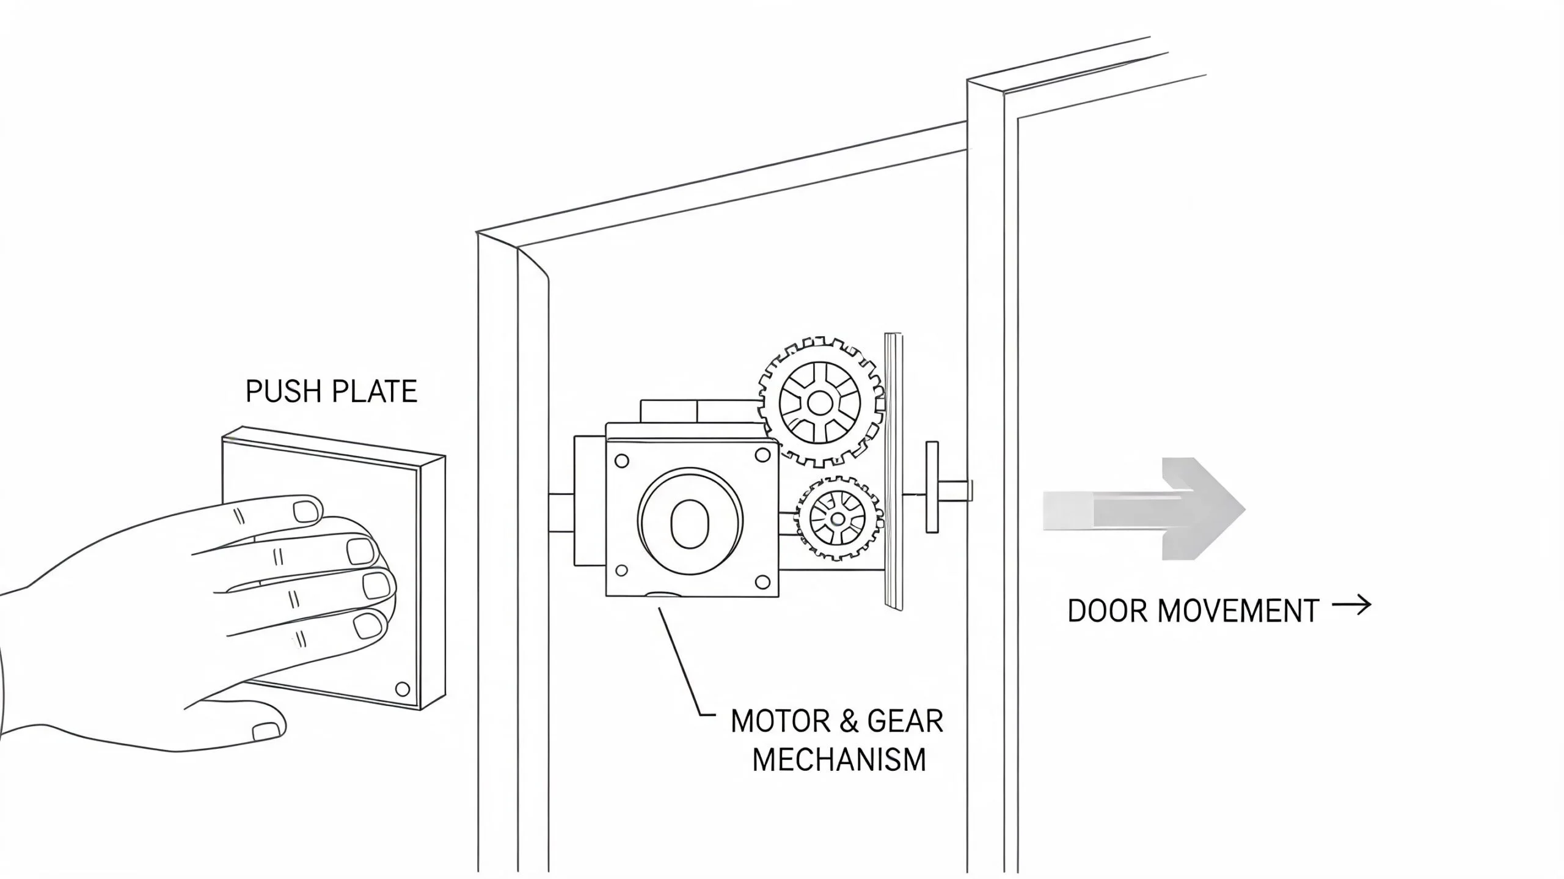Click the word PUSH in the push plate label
[x=284, y=391]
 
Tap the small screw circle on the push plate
[x=403, y=690]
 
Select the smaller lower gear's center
[x=837, y=519]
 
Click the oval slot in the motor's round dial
[x=690, y=524]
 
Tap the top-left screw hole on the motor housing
[x=621, y=461]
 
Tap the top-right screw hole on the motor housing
[x=762, y=454]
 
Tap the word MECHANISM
[x=839, y=760]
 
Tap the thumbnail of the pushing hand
[x=267, y=732]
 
